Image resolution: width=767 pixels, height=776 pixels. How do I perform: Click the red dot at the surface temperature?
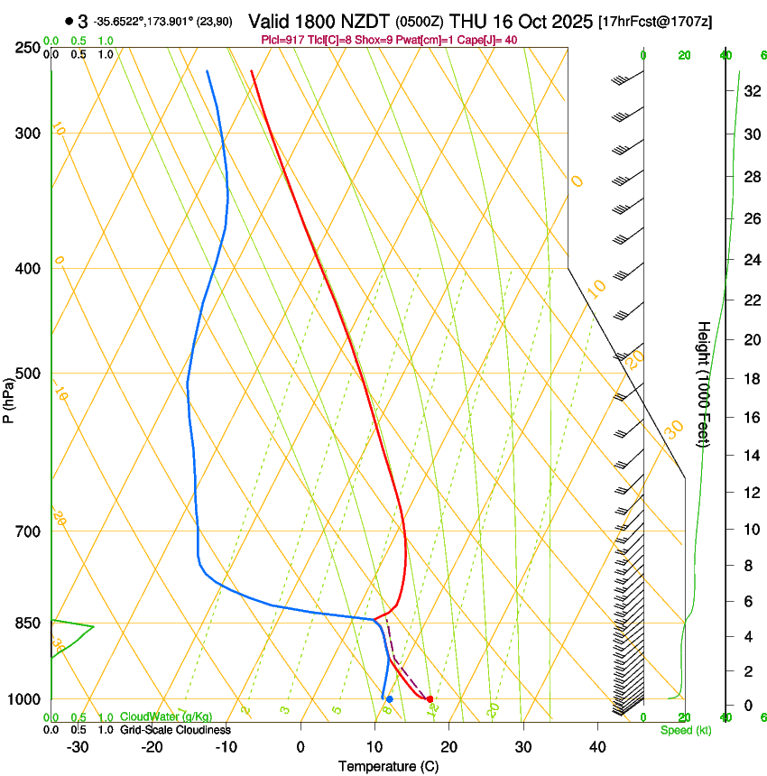coord(430,699)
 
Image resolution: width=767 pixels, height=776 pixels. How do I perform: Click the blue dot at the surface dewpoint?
coord(389,699)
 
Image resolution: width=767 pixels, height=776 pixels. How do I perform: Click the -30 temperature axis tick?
coord(78,746)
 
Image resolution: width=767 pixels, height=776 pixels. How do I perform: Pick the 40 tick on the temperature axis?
coord(597,746)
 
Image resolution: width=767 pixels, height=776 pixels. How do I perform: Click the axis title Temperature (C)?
coord(388,766)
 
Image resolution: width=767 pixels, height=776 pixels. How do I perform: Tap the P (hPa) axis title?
coord(9,398)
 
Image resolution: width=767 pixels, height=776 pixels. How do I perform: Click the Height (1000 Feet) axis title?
coord(704,383)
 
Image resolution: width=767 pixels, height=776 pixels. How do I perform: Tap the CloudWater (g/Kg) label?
coord(154,717)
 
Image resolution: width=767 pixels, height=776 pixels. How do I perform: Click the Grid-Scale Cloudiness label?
coord(176,730)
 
